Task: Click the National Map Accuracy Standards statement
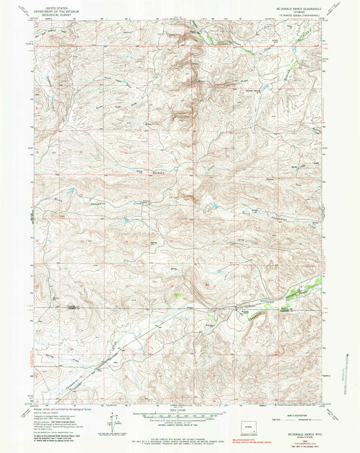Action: (179, 428)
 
